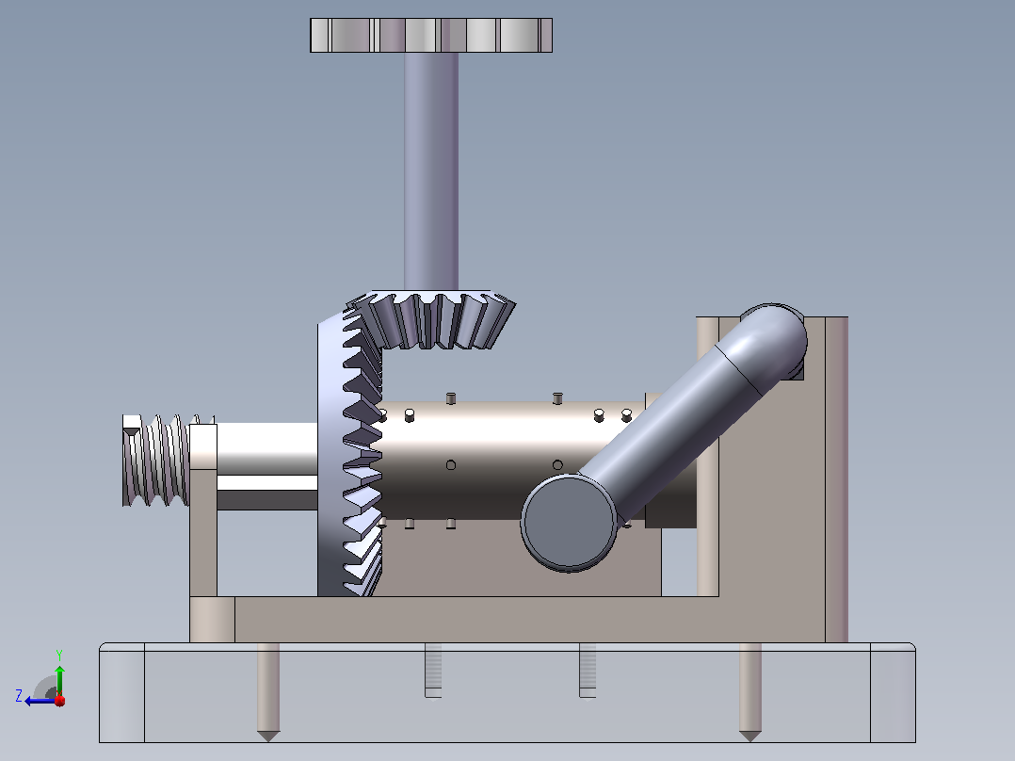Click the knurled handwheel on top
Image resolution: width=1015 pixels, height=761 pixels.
pos(431,35)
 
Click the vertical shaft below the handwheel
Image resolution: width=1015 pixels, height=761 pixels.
pos(431,171)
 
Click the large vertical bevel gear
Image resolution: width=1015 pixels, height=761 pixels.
pos(349,453)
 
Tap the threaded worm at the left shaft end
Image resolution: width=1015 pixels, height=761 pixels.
pos(155,460)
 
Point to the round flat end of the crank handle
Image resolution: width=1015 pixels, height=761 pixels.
pos(569,523)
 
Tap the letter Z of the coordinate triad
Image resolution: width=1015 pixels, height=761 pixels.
pos(19,696)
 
